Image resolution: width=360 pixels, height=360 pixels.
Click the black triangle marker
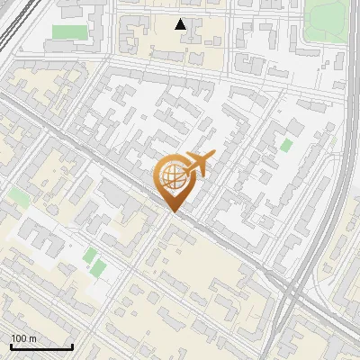pos(181,24)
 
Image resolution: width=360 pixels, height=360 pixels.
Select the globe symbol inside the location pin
pos(174,177)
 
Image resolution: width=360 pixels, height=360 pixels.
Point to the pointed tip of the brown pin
pos(174,211)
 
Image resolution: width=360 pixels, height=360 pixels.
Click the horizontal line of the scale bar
pos(41,346)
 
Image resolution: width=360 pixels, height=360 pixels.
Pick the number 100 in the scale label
pos(18,338)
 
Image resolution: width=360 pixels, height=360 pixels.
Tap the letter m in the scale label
pos(31,338)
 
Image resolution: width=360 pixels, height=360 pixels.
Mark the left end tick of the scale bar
pos(11,346)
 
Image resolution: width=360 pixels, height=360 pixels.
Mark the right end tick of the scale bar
pos(72,346)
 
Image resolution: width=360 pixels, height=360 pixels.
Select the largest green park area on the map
pos(326,20)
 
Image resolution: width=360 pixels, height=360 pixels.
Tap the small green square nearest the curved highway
pos(286,145)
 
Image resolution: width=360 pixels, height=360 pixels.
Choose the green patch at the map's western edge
pos(18,195)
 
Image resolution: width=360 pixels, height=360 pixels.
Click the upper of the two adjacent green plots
pos(90,256)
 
